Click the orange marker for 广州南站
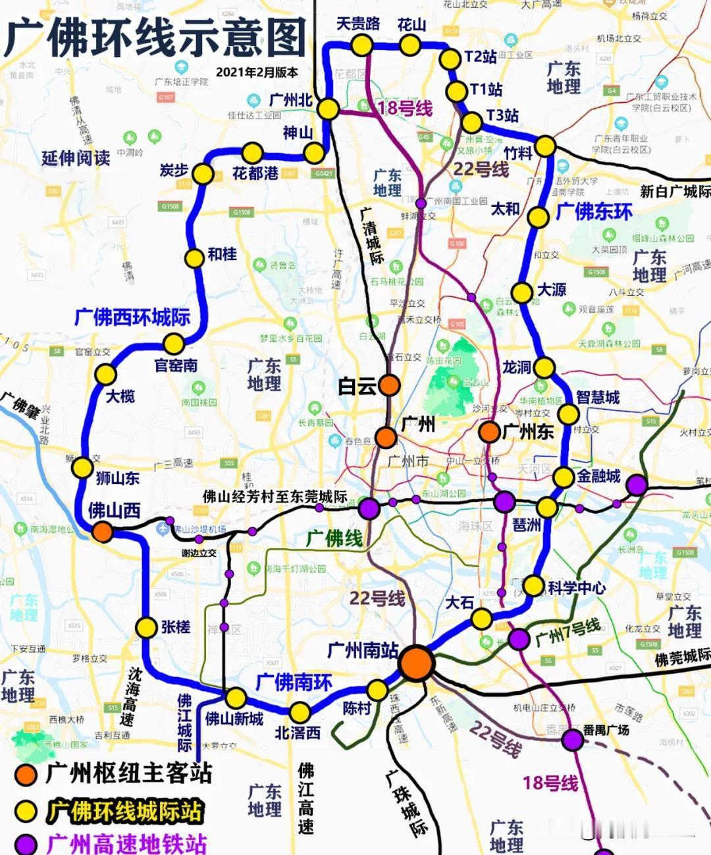tap(416, 663)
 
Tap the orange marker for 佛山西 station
tap(102, 532)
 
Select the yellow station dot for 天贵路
tap(361, 45)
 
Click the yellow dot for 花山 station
tap(409, 45)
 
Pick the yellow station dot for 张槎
tap(146, 628)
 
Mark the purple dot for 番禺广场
tap(573, 740)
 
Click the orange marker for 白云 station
tap(389, 385)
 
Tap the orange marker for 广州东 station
tap(489, 432)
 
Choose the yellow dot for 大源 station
tap(522, 292)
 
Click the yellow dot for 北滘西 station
tap(300, 712)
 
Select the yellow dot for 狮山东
tap(82, 468)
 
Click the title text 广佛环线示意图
tap(155, 37)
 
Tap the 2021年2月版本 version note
tap(257, 72)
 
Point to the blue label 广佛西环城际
tap(132, 317)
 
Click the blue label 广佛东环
tap(594, 211)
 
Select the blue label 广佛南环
tap(294, 682)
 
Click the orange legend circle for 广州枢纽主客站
tap(26, 775)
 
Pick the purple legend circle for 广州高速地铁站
tap(26, 844)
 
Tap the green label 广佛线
tap(334, 538)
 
